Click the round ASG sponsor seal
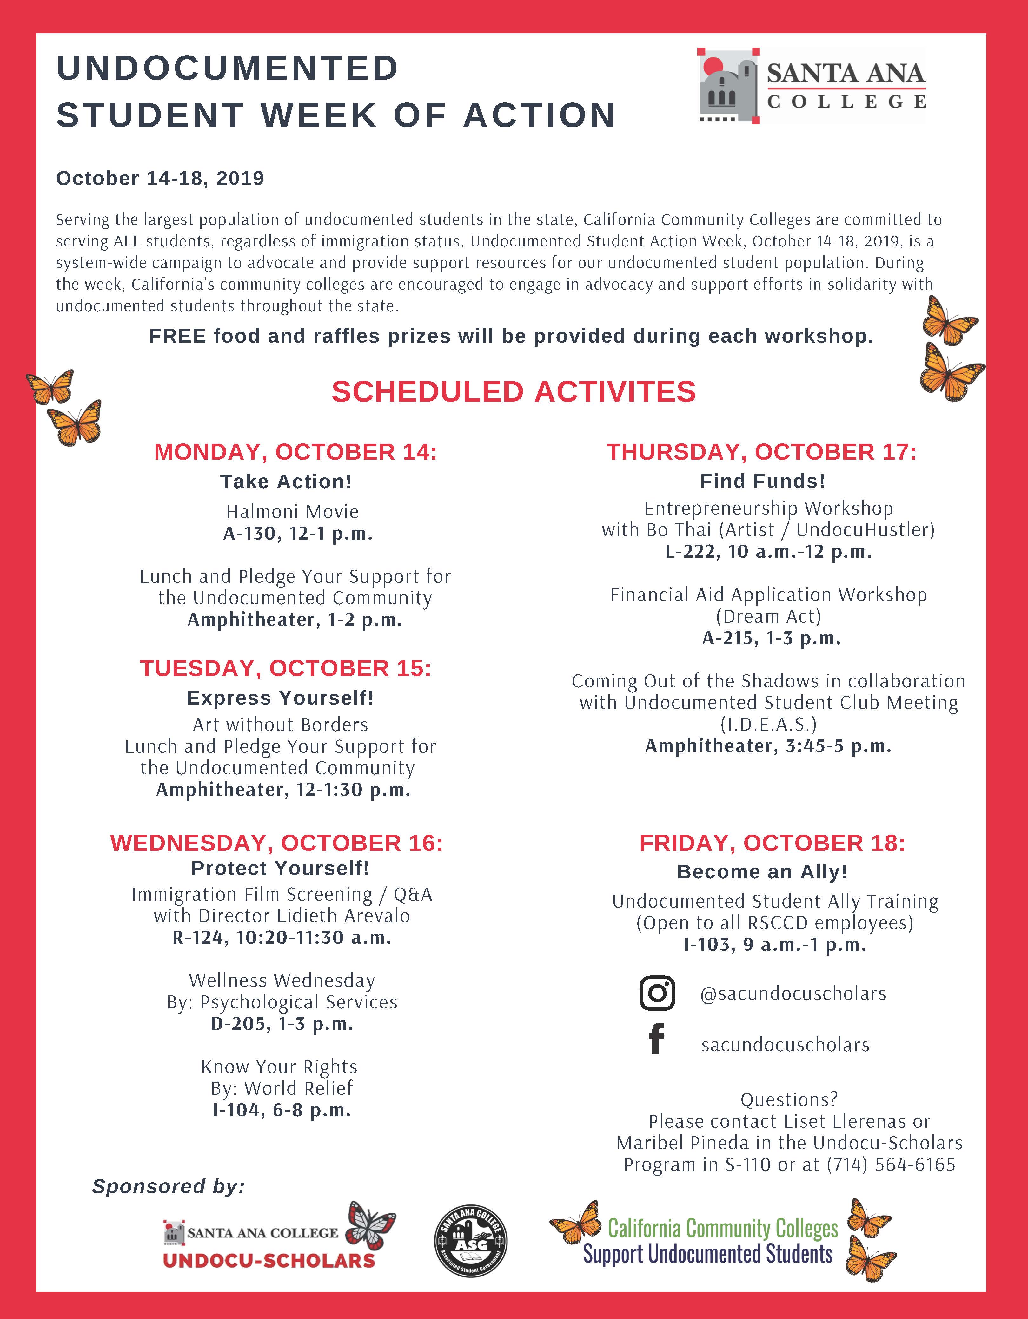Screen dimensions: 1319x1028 (471, 1242)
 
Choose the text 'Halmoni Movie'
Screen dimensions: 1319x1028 (293, 512)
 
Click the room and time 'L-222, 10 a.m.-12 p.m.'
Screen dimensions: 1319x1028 (768, 551)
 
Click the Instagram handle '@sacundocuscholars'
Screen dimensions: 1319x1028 (793, 994)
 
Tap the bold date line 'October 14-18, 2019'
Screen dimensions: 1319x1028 (160, 178)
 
